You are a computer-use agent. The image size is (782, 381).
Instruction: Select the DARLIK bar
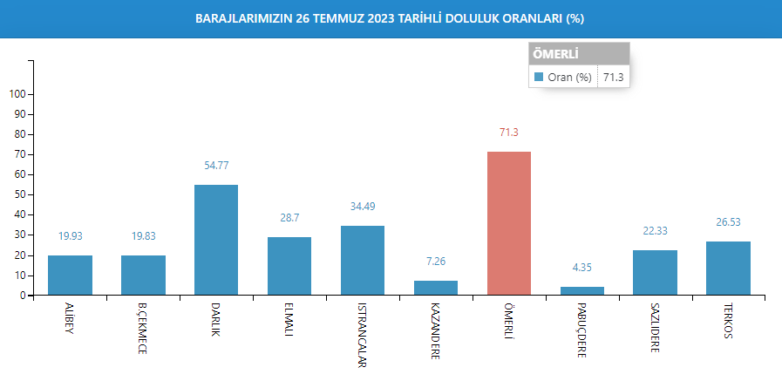216,240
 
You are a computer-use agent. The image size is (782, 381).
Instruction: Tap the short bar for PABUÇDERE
581,290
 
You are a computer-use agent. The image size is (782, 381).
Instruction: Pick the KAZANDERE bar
436,288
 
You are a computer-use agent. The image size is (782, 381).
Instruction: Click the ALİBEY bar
70,275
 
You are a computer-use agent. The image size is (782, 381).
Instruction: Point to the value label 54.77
216,165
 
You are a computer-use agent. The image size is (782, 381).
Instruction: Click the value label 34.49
363,206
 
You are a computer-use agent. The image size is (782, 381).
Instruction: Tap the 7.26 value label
436,261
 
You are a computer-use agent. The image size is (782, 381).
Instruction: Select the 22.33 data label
655,230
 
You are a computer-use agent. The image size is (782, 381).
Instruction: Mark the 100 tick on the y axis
17,94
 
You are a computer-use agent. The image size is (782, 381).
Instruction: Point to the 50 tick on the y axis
20,194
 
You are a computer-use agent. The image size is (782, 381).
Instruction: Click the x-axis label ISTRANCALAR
363,336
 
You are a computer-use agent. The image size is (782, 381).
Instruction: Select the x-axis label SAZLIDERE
655,330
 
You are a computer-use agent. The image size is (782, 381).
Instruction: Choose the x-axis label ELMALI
289,324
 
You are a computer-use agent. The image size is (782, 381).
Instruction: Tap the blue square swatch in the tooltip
539,78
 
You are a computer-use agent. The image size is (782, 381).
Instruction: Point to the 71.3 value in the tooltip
613,78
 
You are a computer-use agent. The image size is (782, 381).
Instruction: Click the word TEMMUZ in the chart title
325,18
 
